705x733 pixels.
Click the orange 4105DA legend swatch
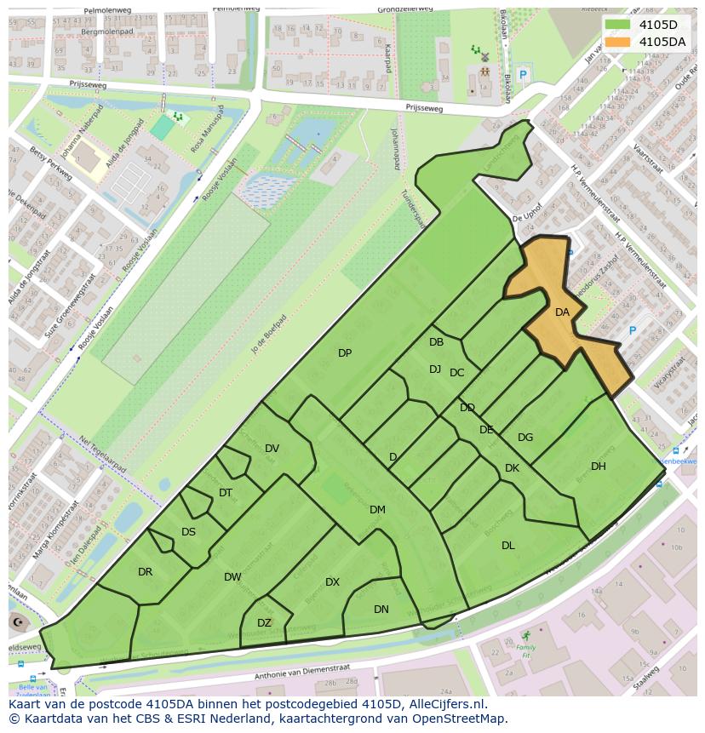click(620, 41)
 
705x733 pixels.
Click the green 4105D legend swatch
click(620, 25)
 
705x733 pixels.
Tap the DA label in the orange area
click(562, 312)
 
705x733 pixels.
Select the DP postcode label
click(345, 353)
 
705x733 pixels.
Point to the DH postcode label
click(599, 467)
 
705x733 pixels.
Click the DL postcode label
click(508, 546)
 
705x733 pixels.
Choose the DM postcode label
click(377, 510)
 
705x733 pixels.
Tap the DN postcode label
click(381, 609)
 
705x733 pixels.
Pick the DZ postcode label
click(264, 623)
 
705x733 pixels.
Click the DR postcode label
click(145, 572)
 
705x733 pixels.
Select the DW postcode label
click(232, 577)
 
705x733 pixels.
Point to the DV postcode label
click(272, 449)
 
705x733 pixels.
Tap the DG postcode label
click(525, 438)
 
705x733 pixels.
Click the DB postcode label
click(436, 342)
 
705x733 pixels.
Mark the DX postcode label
click(332, 582)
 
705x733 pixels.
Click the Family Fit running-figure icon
click(525, 636)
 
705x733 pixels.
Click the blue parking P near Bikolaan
click(524, 75)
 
